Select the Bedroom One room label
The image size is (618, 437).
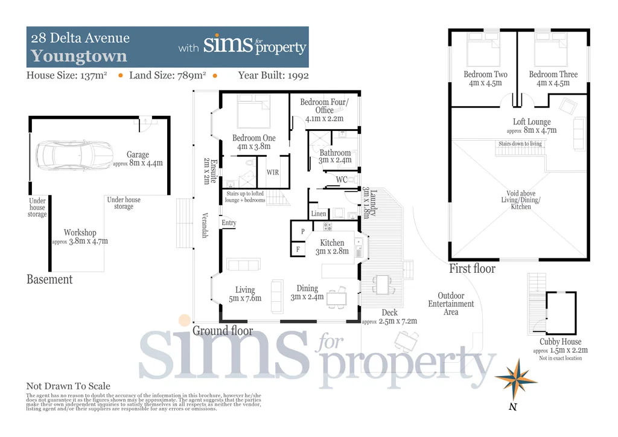[x=254, y=139]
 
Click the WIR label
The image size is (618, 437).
[x=273, y=173]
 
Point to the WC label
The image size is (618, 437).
[x=341, y=179]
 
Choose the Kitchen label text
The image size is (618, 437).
[x=332, y=243]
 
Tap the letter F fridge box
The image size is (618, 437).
[x=298, y=249]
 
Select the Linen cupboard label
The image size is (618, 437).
[x=319, y=214]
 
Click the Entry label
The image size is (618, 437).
[x=229, y=223]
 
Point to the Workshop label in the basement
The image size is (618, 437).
[x=80, y=232]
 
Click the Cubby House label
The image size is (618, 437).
[x=561, y=342]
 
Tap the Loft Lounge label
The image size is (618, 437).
[x=532, y=122]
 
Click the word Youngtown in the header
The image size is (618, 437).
[x=79, y=57]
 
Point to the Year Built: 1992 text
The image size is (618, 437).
[x=273, y=75]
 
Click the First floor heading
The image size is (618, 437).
[x=472, y=269]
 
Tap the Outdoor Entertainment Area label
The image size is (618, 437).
[x=451, y=304]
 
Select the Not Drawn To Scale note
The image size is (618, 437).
[x=68, y=386]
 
